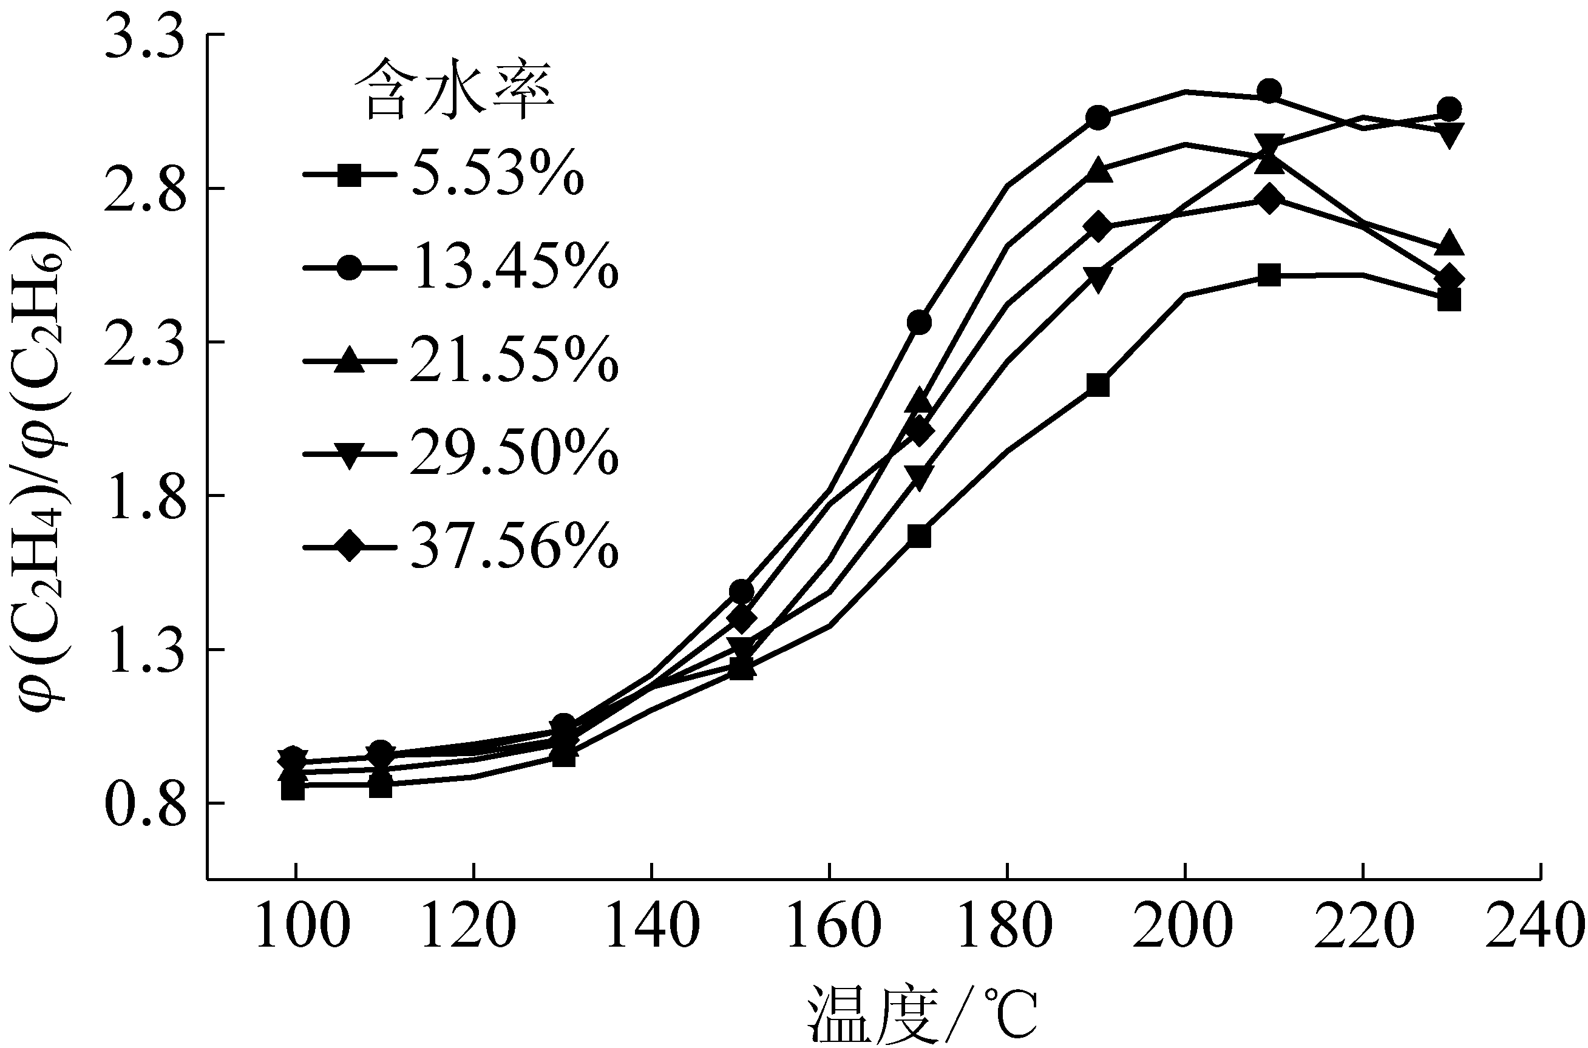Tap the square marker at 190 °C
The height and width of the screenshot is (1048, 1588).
[1098, 385]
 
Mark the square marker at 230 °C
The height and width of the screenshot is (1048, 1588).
[1448, 300]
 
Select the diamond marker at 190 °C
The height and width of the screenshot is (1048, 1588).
[1098, 226]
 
